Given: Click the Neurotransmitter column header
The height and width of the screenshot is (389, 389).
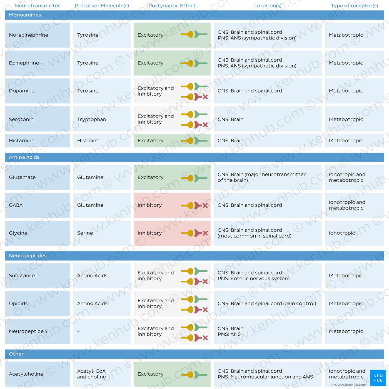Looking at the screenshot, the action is coord(38,6).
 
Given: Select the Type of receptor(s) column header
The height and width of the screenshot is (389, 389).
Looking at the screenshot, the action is coord(354,6).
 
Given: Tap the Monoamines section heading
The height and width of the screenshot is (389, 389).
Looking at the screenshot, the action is coord(25,15).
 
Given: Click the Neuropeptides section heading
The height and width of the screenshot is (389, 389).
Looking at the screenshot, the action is coord(28,256).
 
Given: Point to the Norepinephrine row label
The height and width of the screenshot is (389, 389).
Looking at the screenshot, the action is coord(28,35).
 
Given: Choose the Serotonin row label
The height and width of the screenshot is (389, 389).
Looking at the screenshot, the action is coord(21,119).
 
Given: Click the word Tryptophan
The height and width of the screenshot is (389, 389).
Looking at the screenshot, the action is coord(91,119).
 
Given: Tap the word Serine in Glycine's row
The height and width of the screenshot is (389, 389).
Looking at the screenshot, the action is coord(85,233).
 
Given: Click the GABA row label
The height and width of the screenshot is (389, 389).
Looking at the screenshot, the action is coord(16,205).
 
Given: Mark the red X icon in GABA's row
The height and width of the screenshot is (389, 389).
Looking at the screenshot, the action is coord(205,206).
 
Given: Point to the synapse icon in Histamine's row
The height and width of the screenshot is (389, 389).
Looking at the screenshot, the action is coord(194,141).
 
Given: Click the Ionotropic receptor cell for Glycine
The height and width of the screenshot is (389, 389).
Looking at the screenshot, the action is coord(342,233).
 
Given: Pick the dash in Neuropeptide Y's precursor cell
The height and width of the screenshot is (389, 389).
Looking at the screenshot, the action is coord(78,331).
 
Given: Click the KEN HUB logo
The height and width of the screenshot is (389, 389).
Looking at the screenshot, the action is coord(378,378).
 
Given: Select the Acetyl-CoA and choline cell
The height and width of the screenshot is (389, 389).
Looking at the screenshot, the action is coord(91,374).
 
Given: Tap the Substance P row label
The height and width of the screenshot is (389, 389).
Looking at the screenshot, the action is coord(24,276).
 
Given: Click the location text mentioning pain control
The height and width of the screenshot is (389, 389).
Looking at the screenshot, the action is coord(267,303).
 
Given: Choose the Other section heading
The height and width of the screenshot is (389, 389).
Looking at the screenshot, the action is coord(16,354).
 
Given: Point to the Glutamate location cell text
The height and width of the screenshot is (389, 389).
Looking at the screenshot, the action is coord(262,177).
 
